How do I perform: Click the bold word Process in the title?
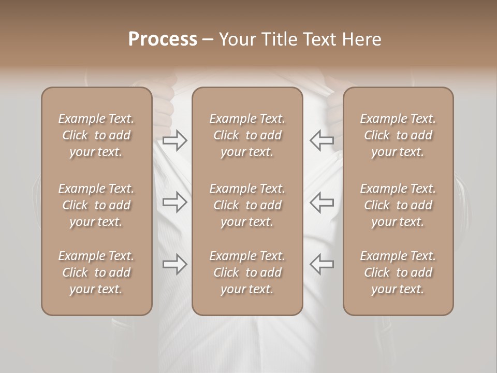(163, 39)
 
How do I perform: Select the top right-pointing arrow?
(175, 140)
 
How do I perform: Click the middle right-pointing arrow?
(175, 202)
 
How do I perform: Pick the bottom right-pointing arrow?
(175, 264)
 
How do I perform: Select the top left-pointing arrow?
(322, 140)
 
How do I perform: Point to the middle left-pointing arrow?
(322, 202)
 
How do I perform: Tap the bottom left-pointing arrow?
(322, 264)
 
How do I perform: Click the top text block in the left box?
(96, 135)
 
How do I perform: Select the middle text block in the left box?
(96, 205)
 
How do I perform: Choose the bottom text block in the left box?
(96, 272)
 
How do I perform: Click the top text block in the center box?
(247, 135)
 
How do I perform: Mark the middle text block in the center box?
(247, 205)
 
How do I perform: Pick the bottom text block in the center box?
(247, 272)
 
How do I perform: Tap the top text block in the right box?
(398, 135)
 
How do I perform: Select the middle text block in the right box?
(398, 205)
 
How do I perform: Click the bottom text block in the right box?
(398, 272)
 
